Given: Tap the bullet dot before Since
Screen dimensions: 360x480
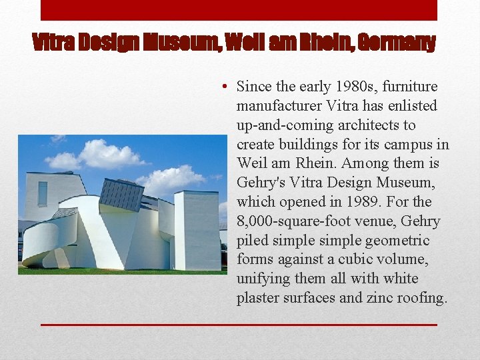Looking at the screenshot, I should [227, 87].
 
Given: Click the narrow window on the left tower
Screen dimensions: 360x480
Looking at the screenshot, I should [43, 193].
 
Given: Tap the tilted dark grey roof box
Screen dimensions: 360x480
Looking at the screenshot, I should [121, 194].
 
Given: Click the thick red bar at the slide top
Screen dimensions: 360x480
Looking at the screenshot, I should [239, 10].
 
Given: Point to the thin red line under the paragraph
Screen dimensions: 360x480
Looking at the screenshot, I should [239, 325].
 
